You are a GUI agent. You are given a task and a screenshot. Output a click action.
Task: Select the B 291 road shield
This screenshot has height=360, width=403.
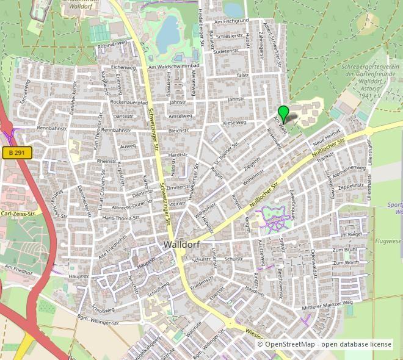pos(16,153)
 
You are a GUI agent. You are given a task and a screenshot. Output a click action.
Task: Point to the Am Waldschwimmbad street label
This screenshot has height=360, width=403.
pos(174,66)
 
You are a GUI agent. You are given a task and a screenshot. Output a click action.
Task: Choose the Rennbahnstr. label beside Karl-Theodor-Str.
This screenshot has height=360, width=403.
pos(116,130)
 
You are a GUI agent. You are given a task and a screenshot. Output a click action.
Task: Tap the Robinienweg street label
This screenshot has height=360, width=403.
pos(112,43)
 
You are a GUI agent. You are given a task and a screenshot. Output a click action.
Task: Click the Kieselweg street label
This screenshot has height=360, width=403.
pos(234,123)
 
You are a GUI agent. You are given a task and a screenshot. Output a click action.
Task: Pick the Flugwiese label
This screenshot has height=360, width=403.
pos(387,224)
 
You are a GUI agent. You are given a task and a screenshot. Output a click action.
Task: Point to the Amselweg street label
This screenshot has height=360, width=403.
pos(180,115)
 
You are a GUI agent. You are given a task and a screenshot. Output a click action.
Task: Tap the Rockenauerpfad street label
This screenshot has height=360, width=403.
pos(129,103)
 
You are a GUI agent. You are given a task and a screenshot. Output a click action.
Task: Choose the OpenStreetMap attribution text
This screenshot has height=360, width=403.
pos(324,344)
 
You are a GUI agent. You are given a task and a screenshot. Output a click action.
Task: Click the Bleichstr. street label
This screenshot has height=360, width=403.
pos(178,131)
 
